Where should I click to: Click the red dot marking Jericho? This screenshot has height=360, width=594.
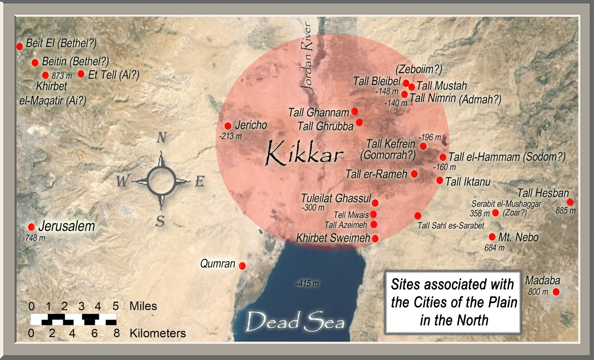click(228, 126)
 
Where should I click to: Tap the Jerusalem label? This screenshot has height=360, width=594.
click(66, 226)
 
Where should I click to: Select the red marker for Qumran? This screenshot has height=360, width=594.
click(242, 266)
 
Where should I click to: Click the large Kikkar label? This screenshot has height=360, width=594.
click(304, 153)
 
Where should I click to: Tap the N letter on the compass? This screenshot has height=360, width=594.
click(161, 138)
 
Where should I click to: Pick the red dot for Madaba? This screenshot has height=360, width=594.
click(556, 292)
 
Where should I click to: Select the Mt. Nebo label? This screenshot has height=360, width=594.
click(518, 237)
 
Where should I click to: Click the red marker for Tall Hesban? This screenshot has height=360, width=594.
click(570, 202)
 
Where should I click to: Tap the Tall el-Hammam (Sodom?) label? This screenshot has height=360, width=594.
click(507, 157)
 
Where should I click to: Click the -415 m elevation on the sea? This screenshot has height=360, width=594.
click(307, 283)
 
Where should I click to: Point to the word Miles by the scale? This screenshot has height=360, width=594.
click(143, 306)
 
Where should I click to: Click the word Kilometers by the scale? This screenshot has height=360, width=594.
click(157, 333)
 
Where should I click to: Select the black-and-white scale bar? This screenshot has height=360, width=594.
click(74, 319)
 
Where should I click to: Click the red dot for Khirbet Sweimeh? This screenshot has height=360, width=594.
click(375, 239)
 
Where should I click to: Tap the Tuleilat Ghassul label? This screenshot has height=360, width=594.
click(336, 198)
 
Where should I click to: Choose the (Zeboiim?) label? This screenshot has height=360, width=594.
click(419, 69)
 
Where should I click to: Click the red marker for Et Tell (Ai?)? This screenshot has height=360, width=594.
click(81, 74)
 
